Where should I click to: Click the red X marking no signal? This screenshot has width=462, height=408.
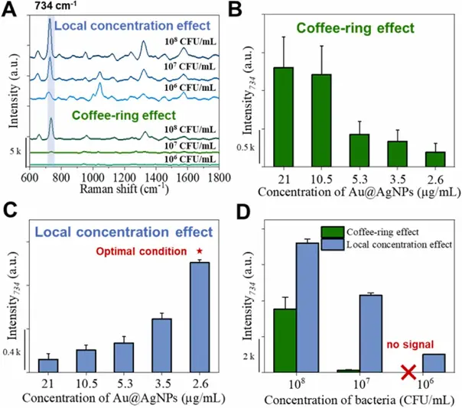click(x=409, y=372)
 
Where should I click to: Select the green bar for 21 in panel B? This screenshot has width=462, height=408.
click(x=284, y=115)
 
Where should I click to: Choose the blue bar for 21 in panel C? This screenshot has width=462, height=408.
click(x=49, y=365)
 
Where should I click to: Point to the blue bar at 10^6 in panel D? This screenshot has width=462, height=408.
click(x=434, y=363)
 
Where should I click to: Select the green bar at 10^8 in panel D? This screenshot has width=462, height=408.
click(x=285, y=340)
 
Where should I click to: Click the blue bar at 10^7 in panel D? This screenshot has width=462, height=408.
click(x=371, y=333)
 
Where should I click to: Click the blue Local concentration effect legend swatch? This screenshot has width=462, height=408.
click(x=333, y=244)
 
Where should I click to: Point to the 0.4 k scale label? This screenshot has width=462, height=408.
click(x=11, y=352)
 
